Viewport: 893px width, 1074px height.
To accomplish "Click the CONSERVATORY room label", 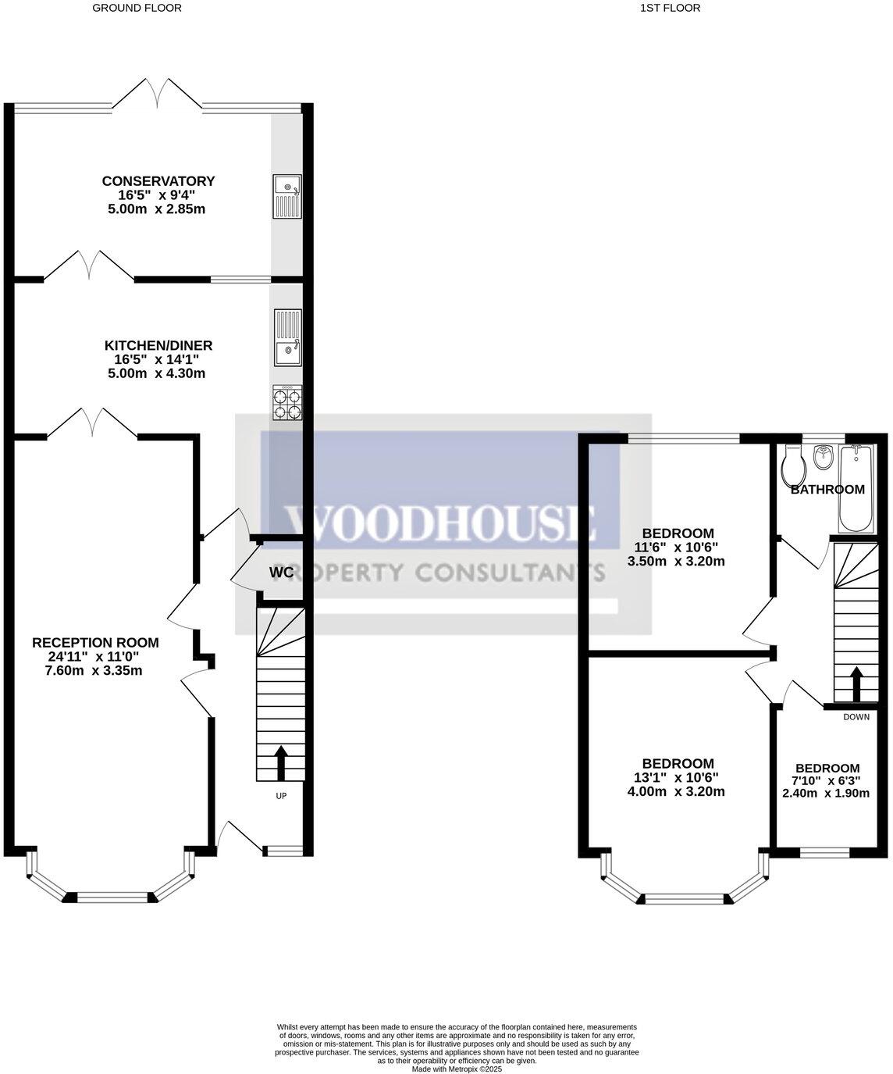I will pos(158,181).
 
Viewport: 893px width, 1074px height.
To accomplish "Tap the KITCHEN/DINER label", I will pos(158,345).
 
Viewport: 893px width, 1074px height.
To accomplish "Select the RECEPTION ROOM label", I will pos(95,643).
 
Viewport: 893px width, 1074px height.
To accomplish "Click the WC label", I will pos(281,573).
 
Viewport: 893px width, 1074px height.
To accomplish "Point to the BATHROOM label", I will pos(827,490).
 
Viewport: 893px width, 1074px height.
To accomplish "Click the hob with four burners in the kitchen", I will pos(287,402).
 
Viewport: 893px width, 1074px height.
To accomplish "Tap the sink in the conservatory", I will pos(286,196).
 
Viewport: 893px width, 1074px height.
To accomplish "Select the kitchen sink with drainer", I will pos(287,338).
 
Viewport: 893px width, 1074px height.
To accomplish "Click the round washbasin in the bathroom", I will pos(821,458).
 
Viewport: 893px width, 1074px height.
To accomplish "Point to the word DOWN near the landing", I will pos(856,716).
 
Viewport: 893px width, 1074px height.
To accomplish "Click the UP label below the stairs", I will pos(281,796).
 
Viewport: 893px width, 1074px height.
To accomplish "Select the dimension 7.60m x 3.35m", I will pos(95,670).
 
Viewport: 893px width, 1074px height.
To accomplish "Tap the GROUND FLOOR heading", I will pos(137,9).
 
